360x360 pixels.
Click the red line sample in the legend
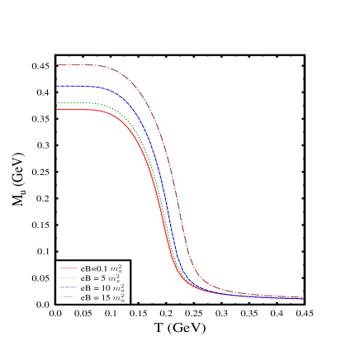(x=69, y=268)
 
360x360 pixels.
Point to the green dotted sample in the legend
(x=69, y=277)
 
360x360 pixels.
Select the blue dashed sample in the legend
(x=69, y=287)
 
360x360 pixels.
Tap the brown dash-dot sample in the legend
(x=69, y=297)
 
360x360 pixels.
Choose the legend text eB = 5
(x=93, y=278)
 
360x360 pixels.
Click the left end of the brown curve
(x=56, y=64)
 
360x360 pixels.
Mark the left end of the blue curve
(x=56, y=86)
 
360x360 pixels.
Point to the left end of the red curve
(x=56, y=110)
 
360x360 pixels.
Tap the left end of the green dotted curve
(x=56, y=103)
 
